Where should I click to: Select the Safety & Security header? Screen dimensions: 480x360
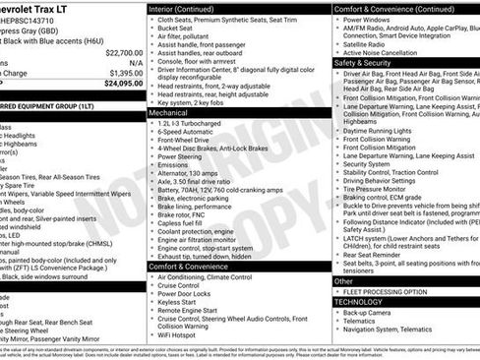362,61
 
